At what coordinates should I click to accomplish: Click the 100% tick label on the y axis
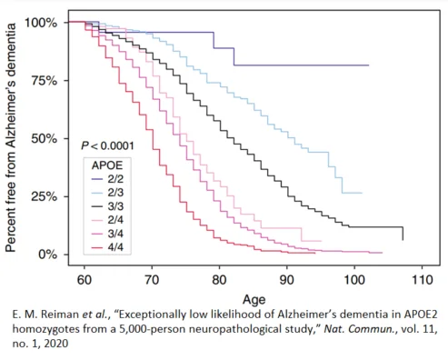click(41, 22)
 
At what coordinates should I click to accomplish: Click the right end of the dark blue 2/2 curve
click(368, 65)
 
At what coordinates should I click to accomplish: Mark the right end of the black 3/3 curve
click(402, 240)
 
